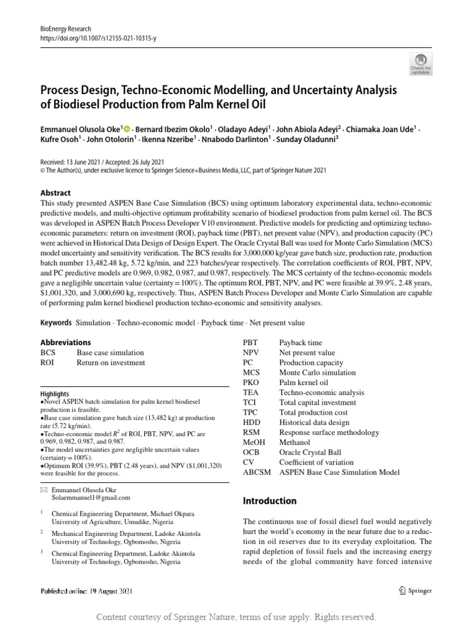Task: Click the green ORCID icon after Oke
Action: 127,130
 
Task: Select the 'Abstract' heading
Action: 55,193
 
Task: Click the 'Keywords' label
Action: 57,323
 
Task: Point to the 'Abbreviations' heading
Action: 65,342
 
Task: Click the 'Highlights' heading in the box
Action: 55,394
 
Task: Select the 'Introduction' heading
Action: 270,501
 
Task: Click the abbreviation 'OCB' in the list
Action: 251,452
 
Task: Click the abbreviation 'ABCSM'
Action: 257,472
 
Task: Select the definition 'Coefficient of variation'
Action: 317,462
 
